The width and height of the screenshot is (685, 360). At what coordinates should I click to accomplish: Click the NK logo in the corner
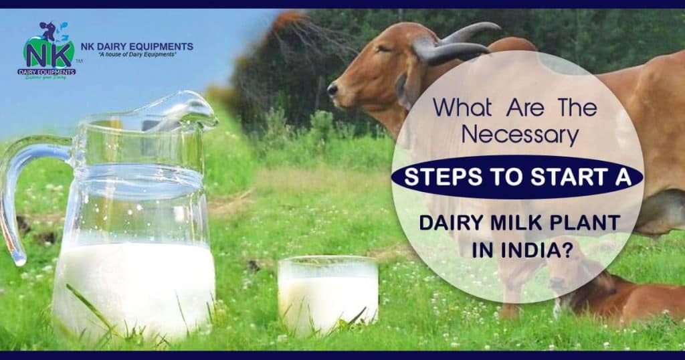click(x=47, y=51)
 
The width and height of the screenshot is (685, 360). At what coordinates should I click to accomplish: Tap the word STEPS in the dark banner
click(x=437, y=177)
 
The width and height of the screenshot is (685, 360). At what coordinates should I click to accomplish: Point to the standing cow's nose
click(x=332, y=89)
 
